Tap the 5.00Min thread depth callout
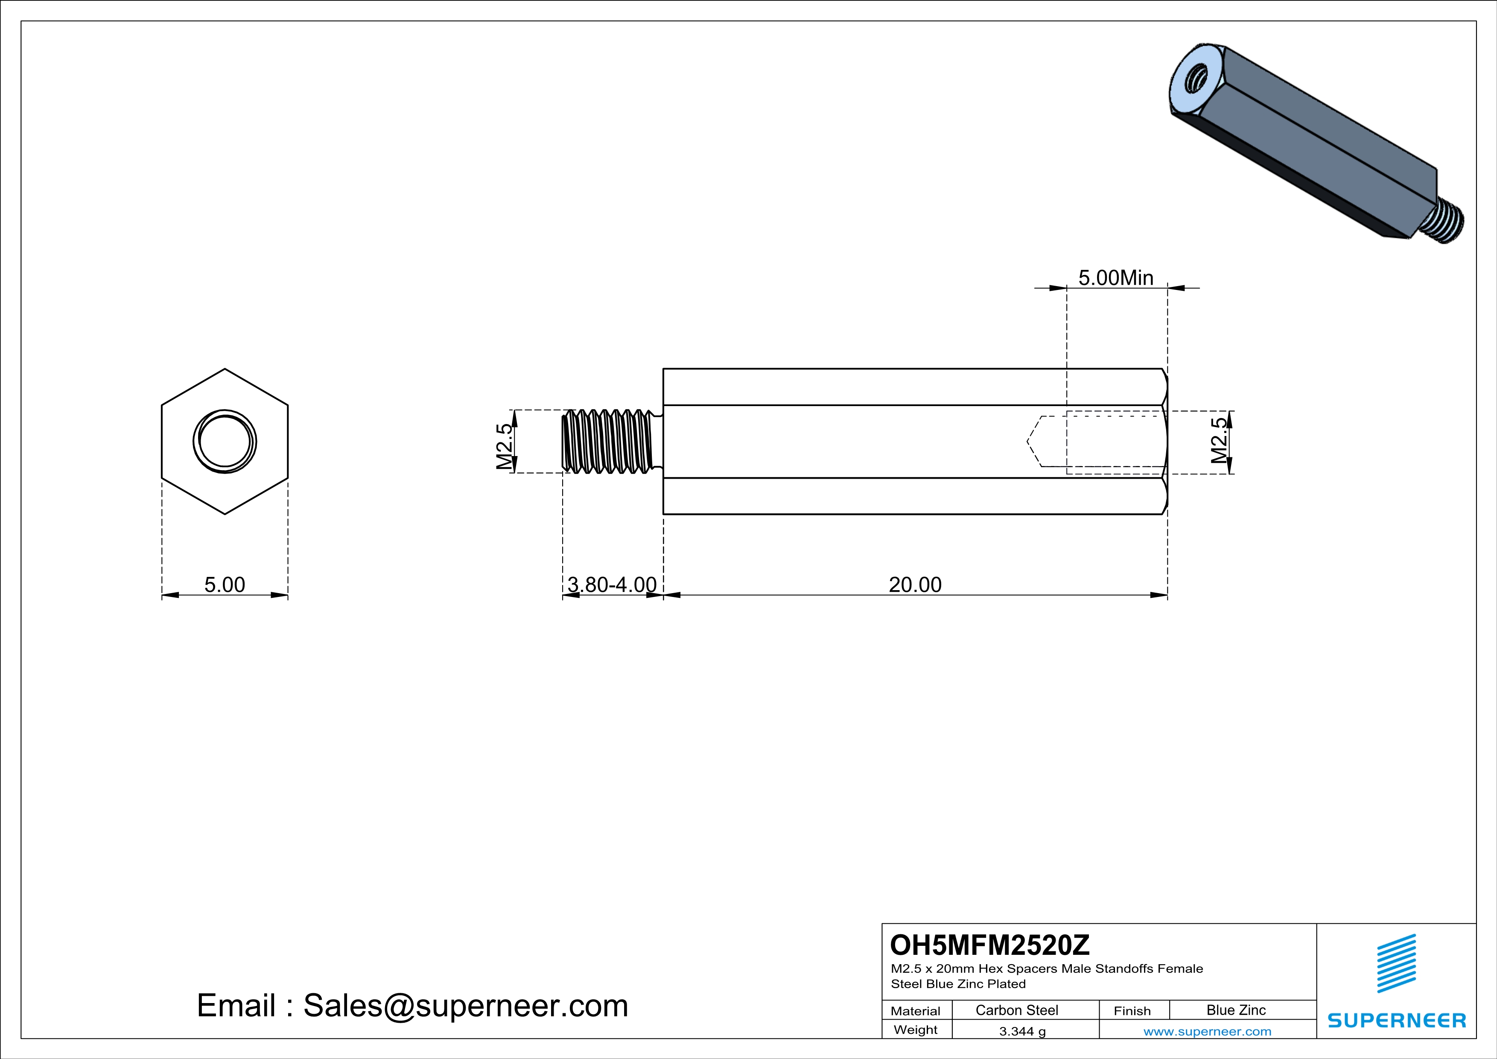pos(1115,278)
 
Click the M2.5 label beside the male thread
pos(504,446)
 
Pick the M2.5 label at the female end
pos(1219,440)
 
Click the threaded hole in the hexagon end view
pos(225,442)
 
